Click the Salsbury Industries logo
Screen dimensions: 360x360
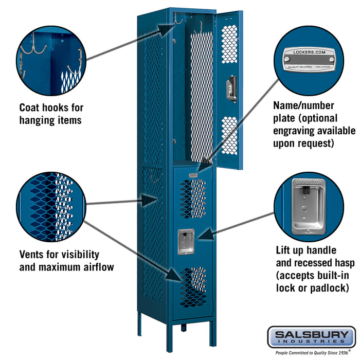(x=311, y=337)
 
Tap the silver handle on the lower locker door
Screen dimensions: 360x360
(x=186, y=241)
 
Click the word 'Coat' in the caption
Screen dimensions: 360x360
(x=30, y=108)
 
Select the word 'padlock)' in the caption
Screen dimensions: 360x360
(x=327, y=287)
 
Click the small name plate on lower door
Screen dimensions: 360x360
(x=193, y=176)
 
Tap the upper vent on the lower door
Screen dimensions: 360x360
(x=193, y=199)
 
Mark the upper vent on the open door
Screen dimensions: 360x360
(x=229, y=44)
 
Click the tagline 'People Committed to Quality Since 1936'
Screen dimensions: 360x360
(x=311, y=353)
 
